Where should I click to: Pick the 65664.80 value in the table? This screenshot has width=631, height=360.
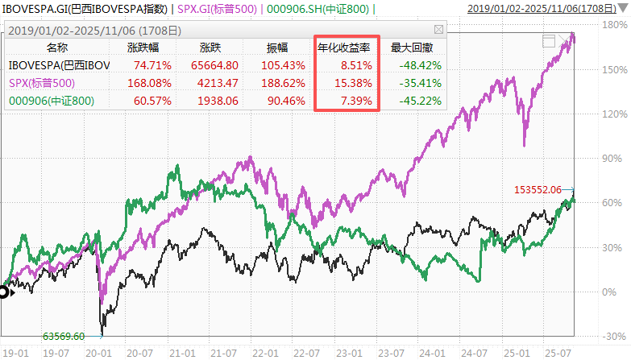213,64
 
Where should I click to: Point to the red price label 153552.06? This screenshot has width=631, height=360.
537,189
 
